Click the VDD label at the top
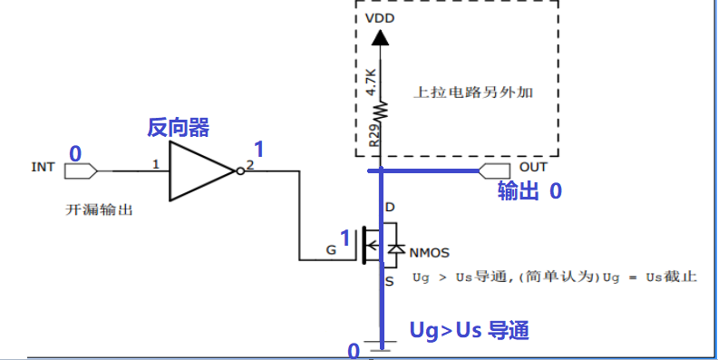point(381,19)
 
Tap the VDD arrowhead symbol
point(381,37)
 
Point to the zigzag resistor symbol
point(382,111)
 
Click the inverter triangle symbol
point(201,170)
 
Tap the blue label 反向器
point(179,129)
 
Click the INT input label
point(44,167)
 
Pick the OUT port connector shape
point(495,170)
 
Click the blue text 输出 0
point(529,192)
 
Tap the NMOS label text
point(430,251)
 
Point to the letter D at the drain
point(390,209)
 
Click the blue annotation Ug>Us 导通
point(470,330)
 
